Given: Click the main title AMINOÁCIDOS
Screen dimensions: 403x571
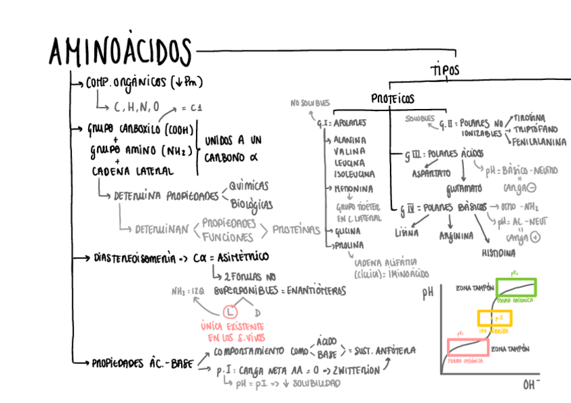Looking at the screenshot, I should (x=120, y=51).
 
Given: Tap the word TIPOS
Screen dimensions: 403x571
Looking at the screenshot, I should (x=445, y=69).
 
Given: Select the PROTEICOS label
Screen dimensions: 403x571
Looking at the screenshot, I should (x=393, y=99).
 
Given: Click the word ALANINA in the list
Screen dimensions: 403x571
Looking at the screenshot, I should (x=349, y=140).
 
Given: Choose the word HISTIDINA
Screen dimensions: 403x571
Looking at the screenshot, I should (x=498, y=254).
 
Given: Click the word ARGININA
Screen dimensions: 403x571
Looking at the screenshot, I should (x=455, y=236).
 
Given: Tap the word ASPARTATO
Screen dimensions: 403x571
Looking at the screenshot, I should (x=431, y=174).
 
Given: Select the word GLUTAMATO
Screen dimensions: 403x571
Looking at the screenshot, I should (x=465, y=187).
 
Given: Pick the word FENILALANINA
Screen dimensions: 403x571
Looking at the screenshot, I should (x=539, y=143).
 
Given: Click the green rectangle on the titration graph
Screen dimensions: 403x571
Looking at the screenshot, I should (x=516, y=287).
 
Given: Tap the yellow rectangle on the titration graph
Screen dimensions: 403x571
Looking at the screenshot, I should (x=495, y=318).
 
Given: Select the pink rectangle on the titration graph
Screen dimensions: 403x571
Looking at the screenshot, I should (x=467, y=347).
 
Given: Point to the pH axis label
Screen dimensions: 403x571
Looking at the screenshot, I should (x=428, y=293).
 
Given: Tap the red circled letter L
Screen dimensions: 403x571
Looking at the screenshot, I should (x=230, y=312).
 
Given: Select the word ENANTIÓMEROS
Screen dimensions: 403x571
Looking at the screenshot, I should (x=316, y=291).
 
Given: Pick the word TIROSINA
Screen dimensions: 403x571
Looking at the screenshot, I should (x=533, y=117).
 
